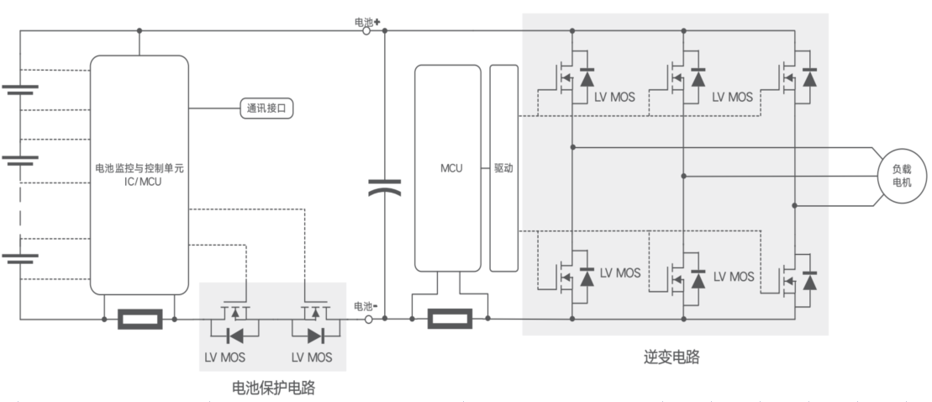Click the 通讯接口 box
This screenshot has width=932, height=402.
tap(268, 108)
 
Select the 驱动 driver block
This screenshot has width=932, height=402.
tap(503, 167)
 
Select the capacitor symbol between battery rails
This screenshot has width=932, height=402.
tap(384, 191)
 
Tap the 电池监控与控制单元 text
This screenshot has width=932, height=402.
tap(140, 169)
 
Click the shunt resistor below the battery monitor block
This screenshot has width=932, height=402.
tap(139, 320)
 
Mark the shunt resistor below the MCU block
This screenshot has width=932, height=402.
tap(450, 320)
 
